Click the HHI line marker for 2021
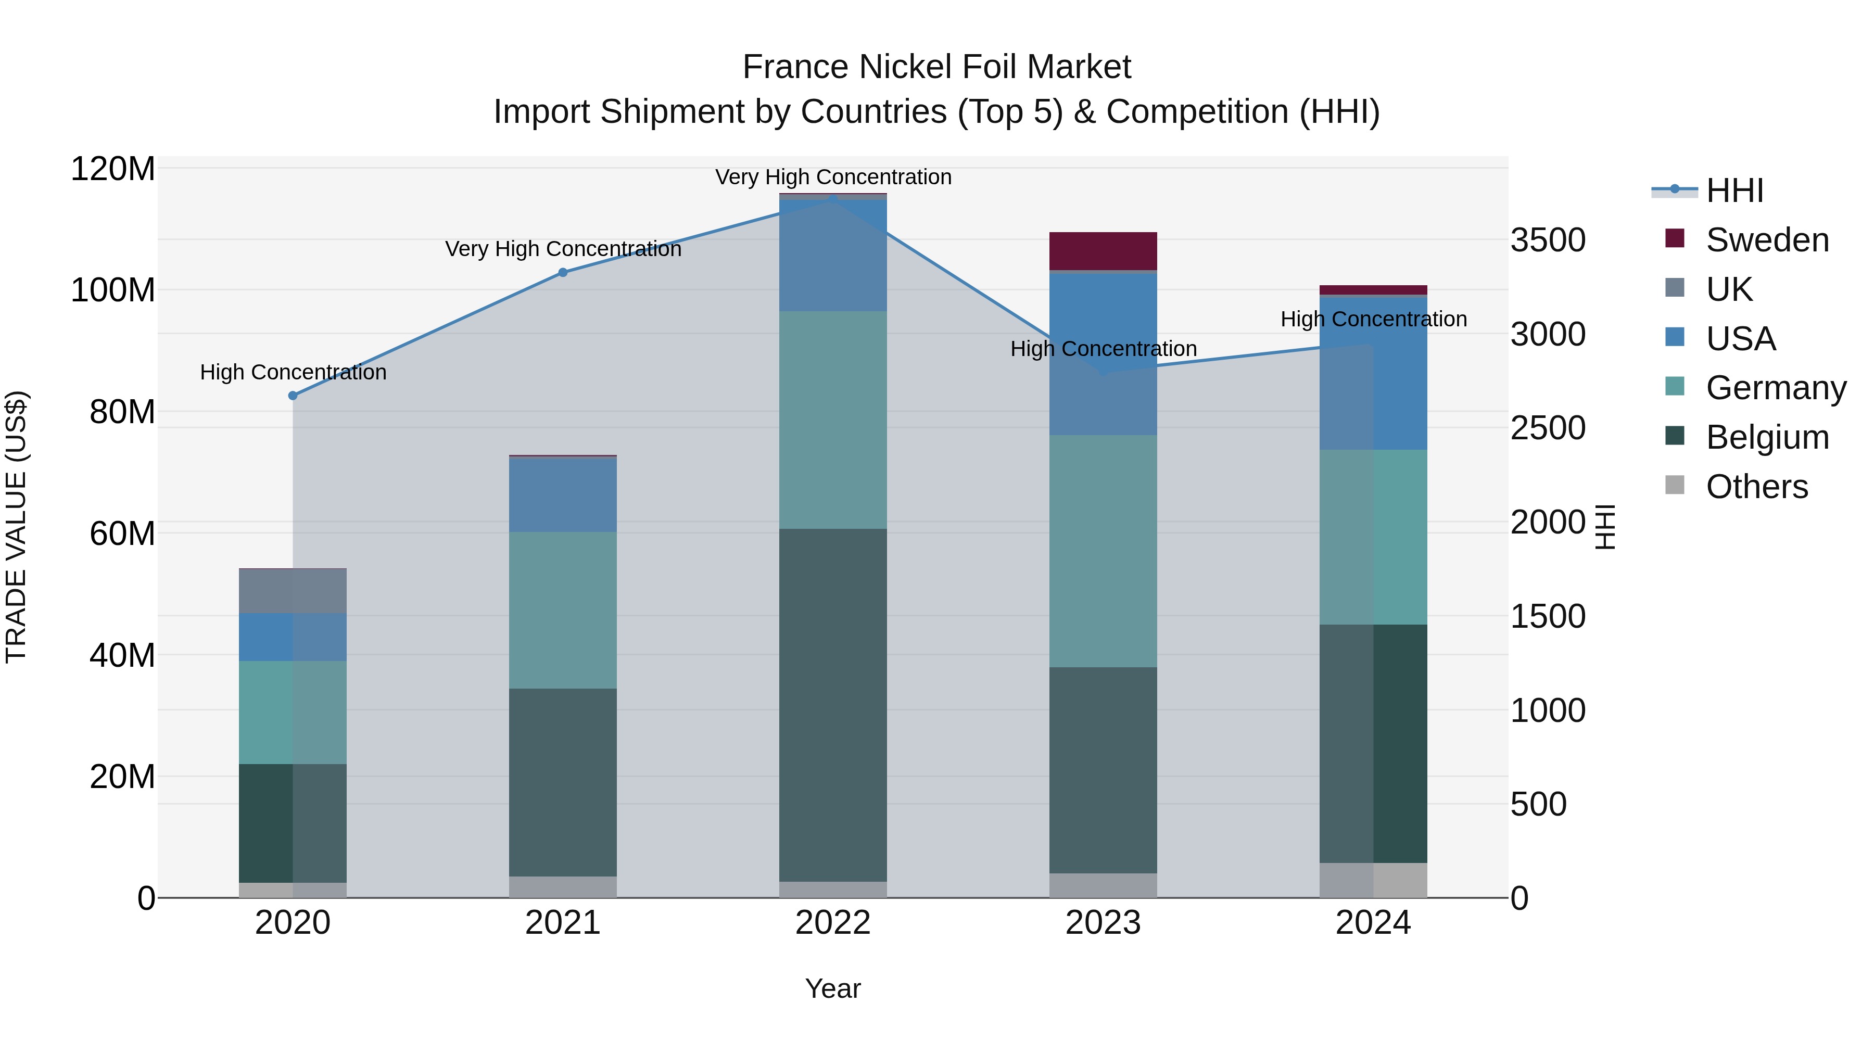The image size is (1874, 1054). pos(562,273)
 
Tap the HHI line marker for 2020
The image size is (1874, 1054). pos(293,396)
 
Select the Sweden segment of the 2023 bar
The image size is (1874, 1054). pos(1103,251)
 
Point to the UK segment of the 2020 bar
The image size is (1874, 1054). pos(293,591)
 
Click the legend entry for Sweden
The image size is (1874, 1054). pos(1767,240)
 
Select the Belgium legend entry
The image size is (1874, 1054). pos(1767,437)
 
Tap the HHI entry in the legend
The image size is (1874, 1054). pos(1734,191)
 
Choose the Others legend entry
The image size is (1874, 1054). pos(1756,487)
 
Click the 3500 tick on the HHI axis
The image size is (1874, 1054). pos(1548,240)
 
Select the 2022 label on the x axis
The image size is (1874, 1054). pos(833,923)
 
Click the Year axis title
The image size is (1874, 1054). pos(833,988)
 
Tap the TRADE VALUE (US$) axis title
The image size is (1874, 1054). pos(16,527)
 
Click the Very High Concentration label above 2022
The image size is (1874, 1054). pos(833,177)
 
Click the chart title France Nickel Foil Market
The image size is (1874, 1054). pos(936,67)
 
